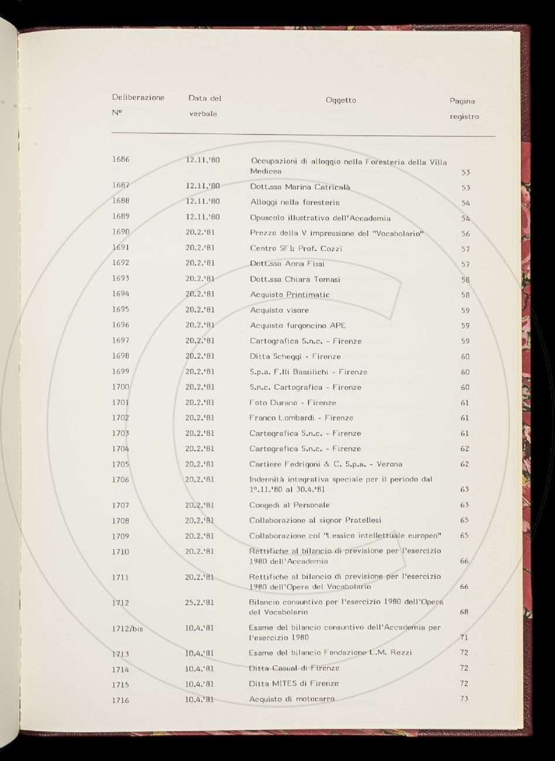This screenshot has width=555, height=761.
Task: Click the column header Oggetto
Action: (x=341, y=100)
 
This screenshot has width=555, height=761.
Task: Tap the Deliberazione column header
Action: (x=138, y=98)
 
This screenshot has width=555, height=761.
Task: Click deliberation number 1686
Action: (x=121, y=160)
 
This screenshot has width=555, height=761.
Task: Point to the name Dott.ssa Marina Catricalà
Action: (x=300, y=187)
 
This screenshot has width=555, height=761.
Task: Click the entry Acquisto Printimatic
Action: (x=289, y=294)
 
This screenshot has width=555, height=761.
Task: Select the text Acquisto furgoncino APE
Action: (x=297, y=325)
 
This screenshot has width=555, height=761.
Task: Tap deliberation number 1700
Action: (x=121, y=387)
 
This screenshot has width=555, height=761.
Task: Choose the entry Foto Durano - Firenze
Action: (x=293, y=403)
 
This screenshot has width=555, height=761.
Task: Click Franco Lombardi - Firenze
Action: (x=301, y=418)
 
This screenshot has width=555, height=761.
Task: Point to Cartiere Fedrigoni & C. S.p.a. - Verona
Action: (x=326, y=464)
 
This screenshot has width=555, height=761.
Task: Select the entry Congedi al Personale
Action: (x=289, y=505)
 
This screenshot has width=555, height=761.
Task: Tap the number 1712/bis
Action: (x=127, y=629)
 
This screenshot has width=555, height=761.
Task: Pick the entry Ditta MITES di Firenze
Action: (x=294, y=683)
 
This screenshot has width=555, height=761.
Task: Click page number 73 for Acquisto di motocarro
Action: (x=465, y=698)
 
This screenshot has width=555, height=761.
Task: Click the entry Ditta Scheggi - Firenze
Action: (x=295, y=356)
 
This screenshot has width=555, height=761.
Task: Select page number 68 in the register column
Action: (x=465, y=612)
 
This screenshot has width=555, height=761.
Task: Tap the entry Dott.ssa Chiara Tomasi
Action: (x=294, y=279)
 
